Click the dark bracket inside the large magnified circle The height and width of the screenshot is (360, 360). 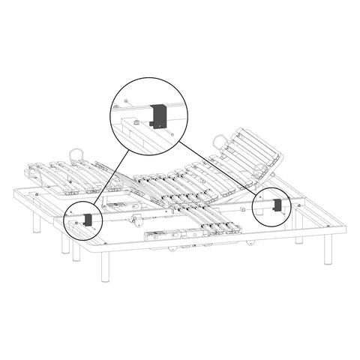click(x=158, y=115)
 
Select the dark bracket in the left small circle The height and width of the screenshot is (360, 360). click(x=87, y=219)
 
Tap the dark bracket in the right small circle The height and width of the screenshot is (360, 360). click(x=277, y=204)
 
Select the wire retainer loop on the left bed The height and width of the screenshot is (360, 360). click(x=77, y=154)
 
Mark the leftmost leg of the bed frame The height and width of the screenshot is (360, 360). click(x=35, y=224)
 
